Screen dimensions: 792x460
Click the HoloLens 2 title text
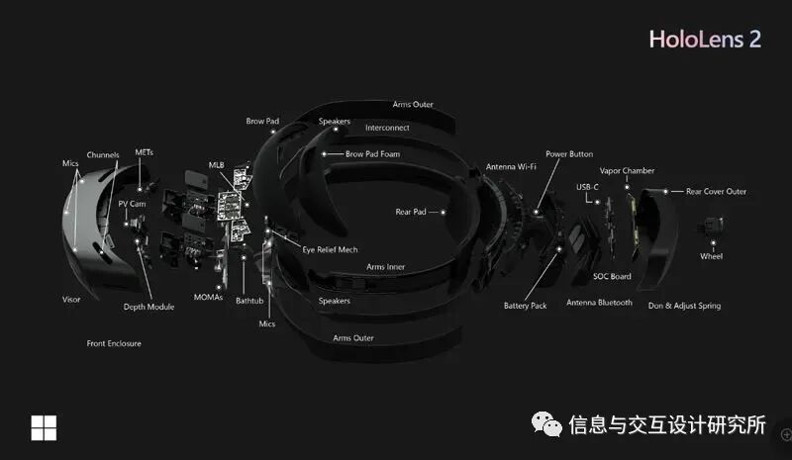[705, 40]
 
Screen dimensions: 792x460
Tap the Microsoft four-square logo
[44, 427]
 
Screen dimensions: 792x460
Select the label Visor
[71, 299]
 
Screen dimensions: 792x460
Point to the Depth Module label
[148, 307]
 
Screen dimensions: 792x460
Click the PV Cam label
[132, 203]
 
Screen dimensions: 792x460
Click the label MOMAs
[209, 298]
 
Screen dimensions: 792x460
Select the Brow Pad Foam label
[373, 154]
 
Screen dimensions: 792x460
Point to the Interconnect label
[387, 128]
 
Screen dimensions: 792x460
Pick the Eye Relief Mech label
[330, 249]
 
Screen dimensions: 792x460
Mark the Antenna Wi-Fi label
[510, 167]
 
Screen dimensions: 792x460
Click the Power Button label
[569, 154]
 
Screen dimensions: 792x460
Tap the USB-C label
[588, 186]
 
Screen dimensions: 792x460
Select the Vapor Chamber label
[627, 171]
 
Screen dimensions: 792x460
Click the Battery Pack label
[525, 306]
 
